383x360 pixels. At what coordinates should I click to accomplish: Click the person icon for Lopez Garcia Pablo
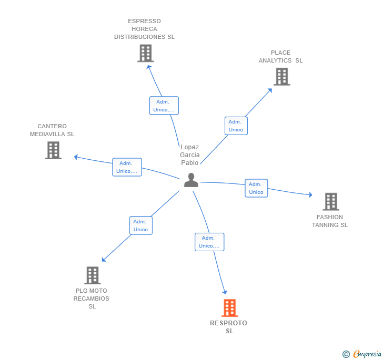click(191, 180)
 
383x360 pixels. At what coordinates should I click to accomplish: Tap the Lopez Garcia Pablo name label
click(190, 155)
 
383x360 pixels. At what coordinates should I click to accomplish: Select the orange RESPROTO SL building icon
click(229, 308)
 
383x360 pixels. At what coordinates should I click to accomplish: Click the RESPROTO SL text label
click(229, 327)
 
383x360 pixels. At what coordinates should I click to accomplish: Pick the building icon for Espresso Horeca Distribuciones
click(145, 53)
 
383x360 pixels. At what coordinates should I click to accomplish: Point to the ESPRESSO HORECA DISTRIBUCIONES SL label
click(144, 29)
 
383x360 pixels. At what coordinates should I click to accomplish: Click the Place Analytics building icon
click(282, 77)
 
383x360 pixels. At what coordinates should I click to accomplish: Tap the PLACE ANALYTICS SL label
click(280, 57)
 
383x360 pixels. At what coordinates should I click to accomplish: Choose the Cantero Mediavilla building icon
click(53, 150)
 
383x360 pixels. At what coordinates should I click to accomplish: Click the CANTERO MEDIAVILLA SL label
click(52, 130)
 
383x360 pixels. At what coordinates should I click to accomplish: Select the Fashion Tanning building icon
click(330, 201)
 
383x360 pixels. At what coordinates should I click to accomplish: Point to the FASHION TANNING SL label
click(330, 221)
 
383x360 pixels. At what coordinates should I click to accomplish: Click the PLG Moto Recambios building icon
click(92, 275)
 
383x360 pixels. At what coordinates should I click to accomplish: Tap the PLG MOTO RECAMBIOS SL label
click(92, 299)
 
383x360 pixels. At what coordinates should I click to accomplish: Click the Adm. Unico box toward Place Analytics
click(236, 126)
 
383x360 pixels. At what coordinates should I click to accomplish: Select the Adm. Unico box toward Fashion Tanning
click(256, 188)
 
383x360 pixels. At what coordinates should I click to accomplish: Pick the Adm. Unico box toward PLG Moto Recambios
click(140, 225)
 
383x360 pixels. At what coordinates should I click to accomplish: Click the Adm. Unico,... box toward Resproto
click(209, 242)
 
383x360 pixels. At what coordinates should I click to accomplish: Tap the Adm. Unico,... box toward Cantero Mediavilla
click(127, 167)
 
